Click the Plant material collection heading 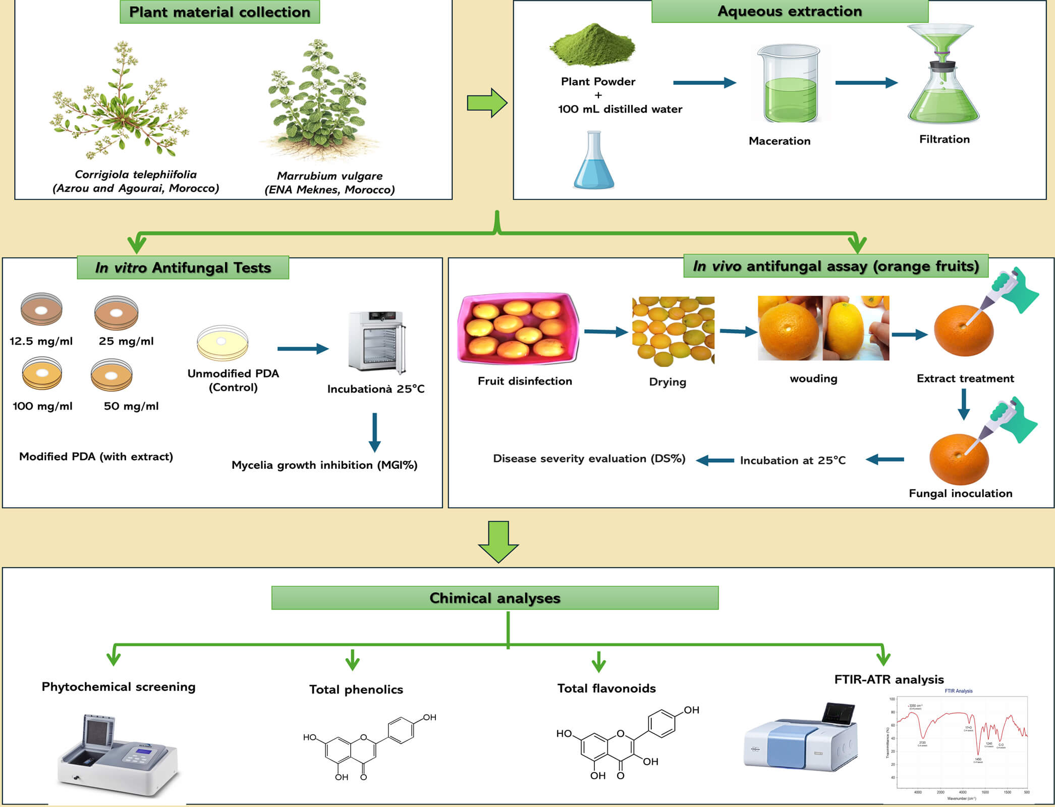click(x=219, y=12)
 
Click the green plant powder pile click(x=592, y=45)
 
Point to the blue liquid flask click(x=594, y=162)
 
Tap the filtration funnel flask click(x=942, y=76)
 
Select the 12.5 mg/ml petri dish click(x=41, y=309)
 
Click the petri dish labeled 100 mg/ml click(x=42, y=373)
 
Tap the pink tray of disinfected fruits click(x=518, y=328)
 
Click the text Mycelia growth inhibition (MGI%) click(x=324, y=465)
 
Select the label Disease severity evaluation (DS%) click(x=589, y=459)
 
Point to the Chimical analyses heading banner click(x=494, y=598)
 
